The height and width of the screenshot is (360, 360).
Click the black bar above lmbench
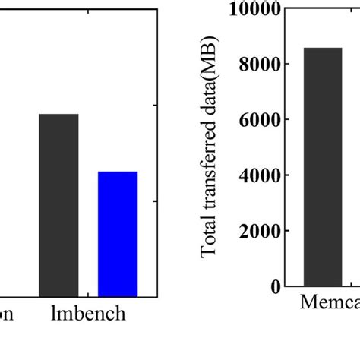coord(58,205)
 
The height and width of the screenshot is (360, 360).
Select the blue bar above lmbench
coord(118,234)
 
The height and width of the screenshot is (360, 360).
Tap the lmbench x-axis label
coord(88,314)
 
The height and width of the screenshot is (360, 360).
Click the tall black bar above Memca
coord(323,166)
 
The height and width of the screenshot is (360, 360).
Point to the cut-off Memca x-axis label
coord(330,304)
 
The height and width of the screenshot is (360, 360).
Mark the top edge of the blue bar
coord(118,172)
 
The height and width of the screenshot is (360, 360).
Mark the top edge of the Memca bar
coord(323,48)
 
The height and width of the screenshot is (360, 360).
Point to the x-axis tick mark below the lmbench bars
coord(88,293)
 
